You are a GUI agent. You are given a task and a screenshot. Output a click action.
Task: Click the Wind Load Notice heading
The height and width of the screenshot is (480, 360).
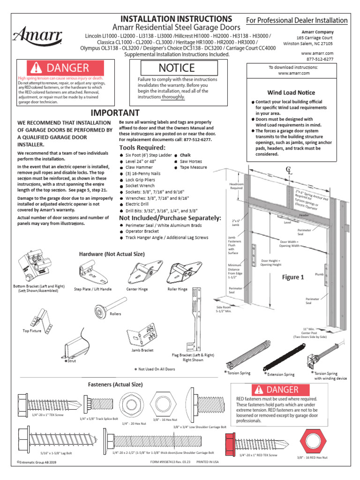coord(291,93)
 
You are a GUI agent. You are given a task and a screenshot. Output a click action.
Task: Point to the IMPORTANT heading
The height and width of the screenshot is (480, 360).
coord(115,113)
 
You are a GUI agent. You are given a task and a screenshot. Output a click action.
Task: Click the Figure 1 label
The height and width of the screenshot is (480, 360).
coord(292,277)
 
